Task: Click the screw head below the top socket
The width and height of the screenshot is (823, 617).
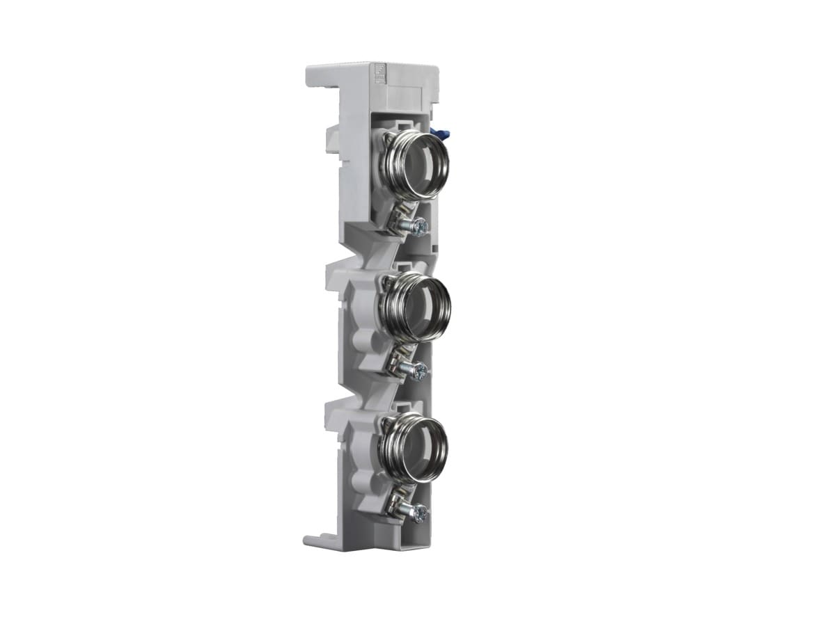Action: (x=419, y=227)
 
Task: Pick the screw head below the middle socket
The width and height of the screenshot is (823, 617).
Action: (x=420, y=372)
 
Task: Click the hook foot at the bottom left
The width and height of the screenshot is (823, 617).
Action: (x=313, y=540)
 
